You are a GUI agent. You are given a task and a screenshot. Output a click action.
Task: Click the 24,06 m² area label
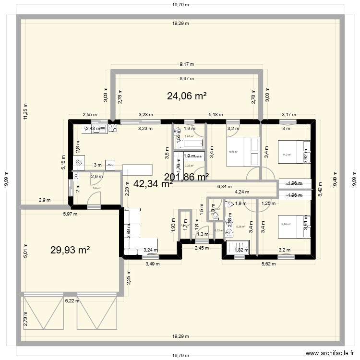(x=187, y=96)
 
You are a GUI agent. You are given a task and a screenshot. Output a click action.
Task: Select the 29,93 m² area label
(x=70, y=250)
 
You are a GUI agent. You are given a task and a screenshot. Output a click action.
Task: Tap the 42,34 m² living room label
(x=153, y=183)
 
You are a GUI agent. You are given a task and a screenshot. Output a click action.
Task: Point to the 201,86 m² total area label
(x=186, y=177)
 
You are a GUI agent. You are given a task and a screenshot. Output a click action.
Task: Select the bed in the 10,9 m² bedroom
(x=242, y=152)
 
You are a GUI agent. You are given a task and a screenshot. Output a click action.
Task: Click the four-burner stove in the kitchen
(x=113, y=128)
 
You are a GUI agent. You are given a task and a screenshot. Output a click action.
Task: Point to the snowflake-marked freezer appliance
(x=79, y=162)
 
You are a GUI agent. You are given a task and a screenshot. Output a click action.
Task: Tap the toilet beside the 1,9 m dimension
(x=229, y=204)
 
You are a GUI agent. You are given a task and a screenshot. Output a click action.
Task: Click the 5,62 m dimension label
(x=270, y=263)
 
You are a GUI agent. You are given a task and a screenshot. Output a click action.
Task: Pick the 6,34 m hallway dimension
(x=224, y=187)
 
